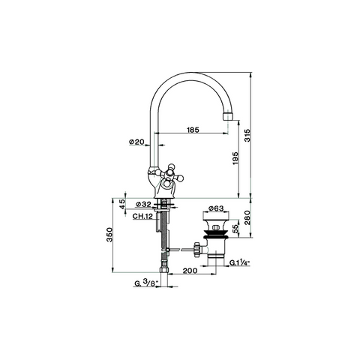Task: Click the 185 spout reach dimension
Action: click(193, 130)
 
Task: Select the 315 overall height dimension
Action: click(247, 136)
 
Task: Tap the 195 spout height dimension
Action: click(235, 158)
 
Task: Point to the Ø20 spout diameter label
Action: click(136, 142)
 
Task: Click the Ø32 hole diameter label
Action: click(143, 205)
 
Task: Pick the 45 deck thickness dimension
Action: click(121, 204)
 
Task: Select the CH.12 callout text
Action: click(142, 216)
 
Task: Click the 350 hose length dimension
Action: click(109, 235)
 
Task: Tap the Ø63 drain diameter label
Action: click(216, 208)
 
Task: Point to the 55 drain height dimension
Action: click(236, 228)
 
